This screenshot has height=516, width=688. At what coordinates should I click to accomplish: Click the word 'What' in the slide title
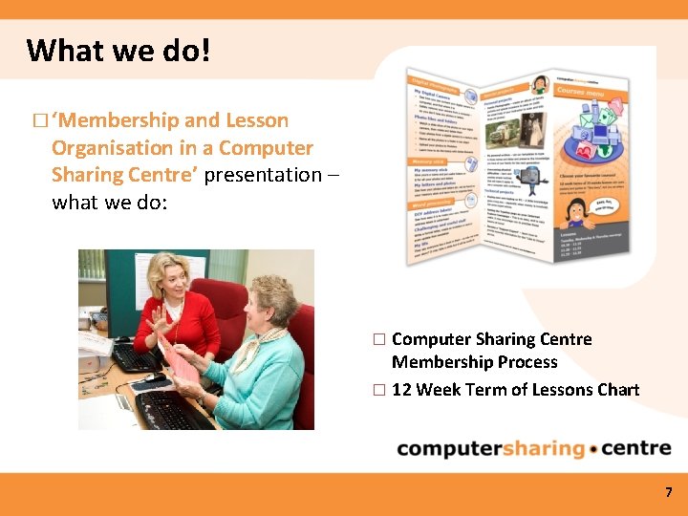click(x=60, y=49)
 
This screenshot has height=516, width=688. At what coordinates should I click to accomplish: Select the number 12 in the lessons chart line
click(x=402, y=389)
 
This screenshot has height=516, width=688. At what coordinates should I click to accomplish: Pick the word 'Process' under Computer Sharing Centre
click(x=523, y=362)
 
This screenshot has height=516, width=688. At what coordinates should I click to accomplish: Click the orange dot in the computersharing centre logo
click(x=594, y=449)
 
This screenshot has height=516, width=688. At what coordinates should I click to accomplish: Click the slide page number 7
click(x=669, y=493)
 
